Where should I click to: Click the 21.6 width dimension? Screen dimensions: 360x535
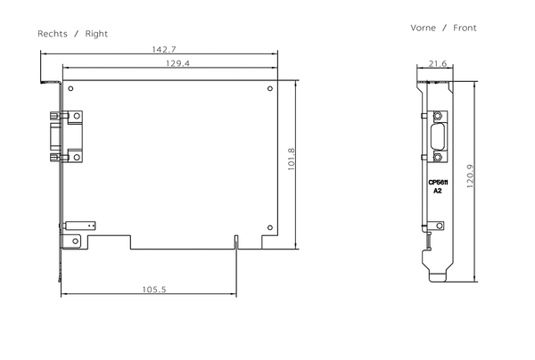click(x=437, y=64)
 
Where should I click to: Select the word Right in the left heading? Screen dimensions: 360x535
click(x=96, y=33)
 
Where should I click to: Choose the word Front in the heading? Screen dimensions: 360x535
click(x=465, y=28)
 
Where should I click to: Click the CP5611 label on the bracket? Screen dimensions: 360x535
click(x=438, y=182)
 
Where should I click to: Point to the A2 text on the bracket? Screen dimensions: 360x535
click(x=438, y=191)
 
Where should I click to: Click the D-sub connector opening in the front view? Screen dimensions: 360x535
click(x=438, y=137)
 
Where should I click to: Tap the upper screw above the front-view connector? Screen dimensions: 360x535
click(x=438, y=117)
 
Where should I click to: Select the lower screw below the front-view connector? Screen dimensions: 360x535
click(x=438, y=157)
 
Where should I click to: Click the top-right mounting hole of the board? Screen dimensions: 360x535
click(x=269, y=88)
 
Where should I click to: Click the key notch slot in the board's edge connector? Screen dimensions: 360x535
click(x=235, y=241)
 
